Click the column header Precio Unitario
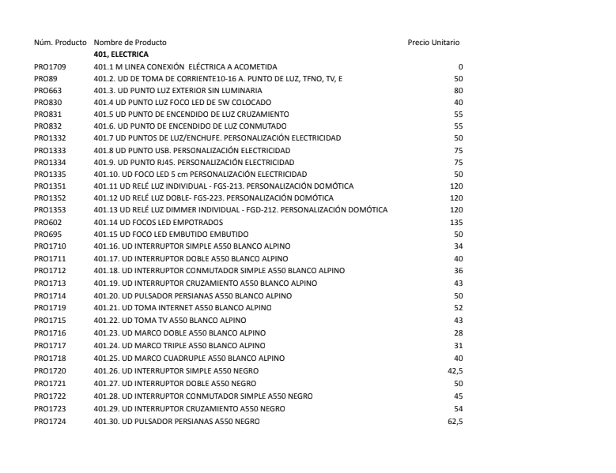(433, 42)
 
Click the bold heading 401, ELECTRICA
(121, 54)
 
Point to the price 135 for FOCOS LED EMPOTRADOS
(456, 223)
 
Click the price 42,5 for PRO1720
(455, 367)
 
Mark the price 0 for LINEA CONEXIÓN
(460, 66)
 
